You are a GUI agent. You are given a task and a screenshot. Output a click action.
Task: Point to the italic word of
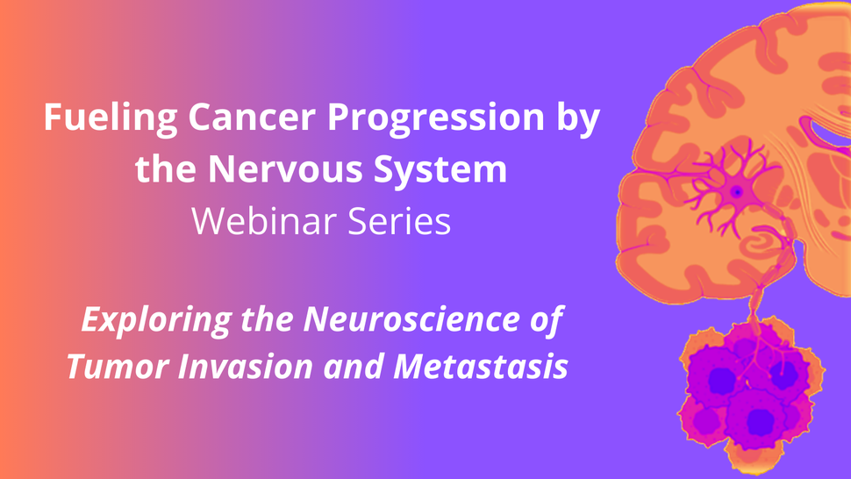pos(544,321)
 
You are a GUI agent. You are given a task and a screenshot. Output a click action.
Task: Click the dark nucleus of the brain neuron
pos(737,191)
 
